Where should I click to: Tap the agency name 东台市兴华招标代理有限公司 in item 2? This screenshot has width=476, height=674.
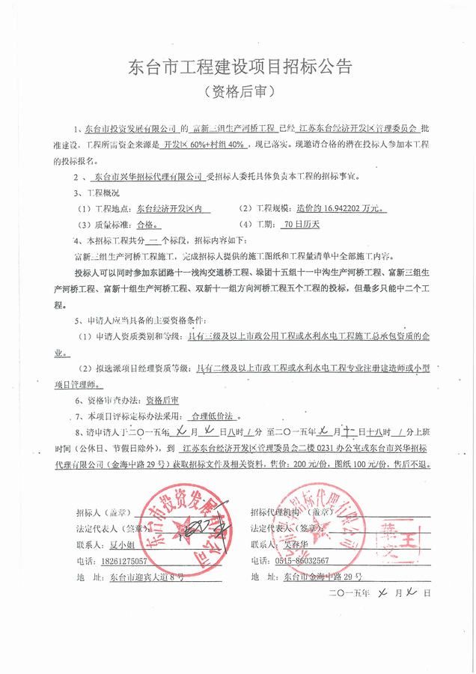148,177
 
